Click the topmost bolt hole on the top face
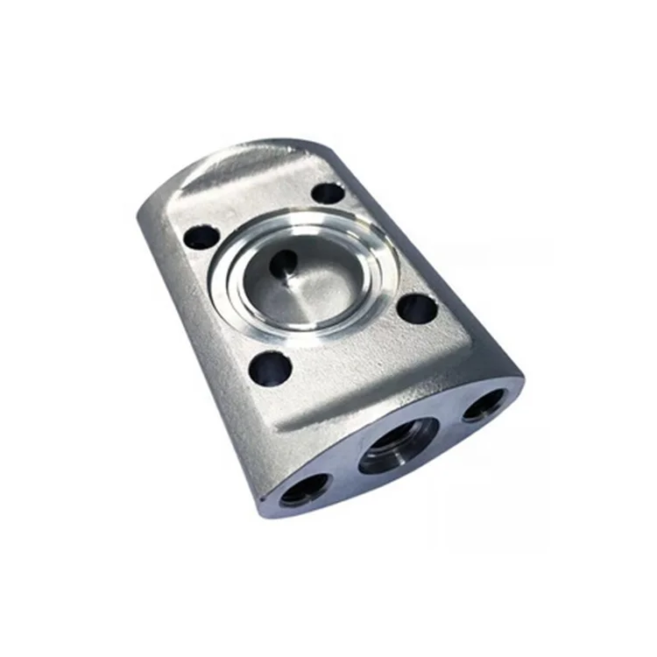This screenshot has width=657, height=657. tap(328, 193)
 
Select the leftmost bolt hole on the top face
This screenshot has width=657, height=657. tap(202, 236)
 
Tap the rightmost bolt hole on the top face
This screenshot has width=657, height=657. tap(416, 307)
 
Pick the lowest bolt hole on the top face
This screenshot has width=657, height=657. tap(269, 367)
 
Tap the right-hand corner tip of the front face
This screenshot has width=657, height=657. tap(522, 377)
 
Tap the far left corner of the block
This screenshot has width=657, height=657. tap(140, 215)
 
